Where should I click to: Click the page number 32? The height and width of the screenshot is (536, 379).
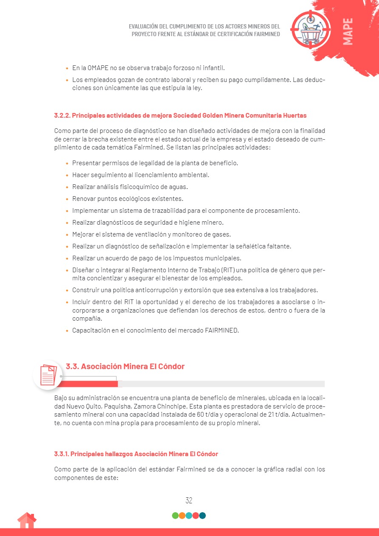tap(189, 500)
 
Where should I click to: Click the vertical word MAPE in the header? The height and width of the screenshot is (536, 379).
tap(348, 31)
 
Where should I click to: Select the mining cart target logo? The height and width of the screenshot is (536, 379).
tap(311, 29)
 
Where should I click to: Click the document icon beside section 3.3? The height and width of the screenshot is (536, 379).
tap(48, 375)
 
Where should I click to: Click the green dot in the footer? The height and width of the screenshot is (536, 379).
tap(175, 516)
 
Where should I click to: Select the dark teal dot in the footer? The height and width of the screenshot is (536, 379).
tap(203, 516)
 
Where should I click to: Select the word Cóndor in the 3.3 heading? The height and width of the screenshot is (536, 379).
tap(172, 366)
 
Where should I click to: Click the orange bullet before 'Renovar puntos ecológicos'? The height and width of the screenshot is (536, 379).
tap(67, 199)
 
